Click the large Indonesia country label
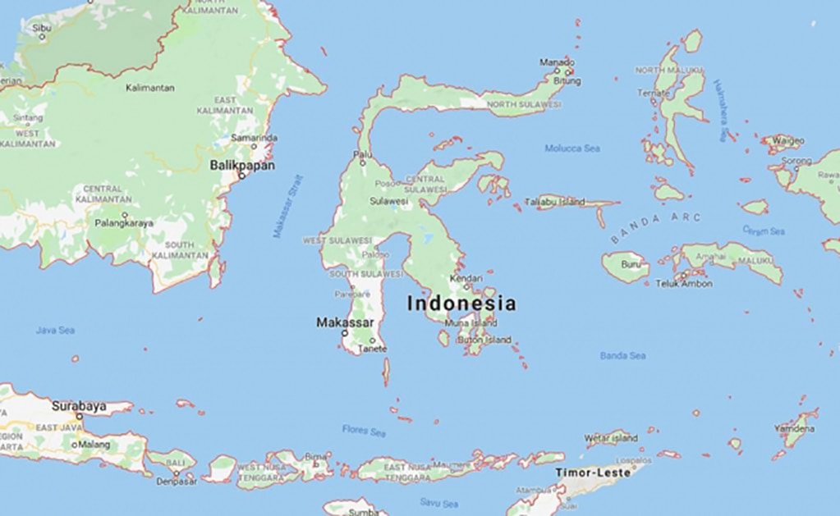pyautogui.click(x=461, y=304)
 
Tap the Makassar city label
pyautogui.click(x=345, y=322)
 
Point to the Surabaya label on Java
pyautogui.click(x=79, y=405)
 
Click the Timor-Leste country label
pyautogui.click(x=593, y=473)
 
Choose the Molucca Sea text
pyautogui.click(x=572, y=148)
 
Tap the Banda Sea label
pyautogui.click(x=622, y=356)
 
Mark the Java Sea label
pyautogui.click(x=55, y=330)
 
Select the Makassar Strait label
pyautogui.click(x=288, y=206)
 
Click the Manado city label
pyautogui.click(x=557, y=62)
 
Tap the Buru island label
pyautogui.click(x=631, y=265)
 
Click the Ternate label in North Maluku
pyautogui.click(x=654, y=94)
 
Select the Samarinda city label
pyautogui.click(x=254, y=138)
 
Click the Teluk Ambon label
pyautogui.click(x=683, y=284)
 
